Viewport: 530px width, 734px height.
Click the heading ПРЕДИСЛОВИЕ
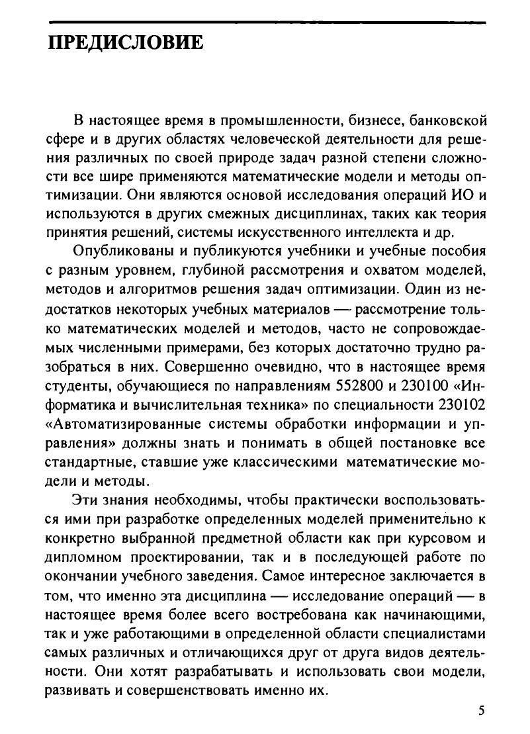click(125, 44)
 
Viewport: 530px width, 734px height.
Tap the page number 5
click(481, 711)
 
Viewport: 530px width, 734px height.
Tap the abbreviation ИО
click(460, 197)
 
